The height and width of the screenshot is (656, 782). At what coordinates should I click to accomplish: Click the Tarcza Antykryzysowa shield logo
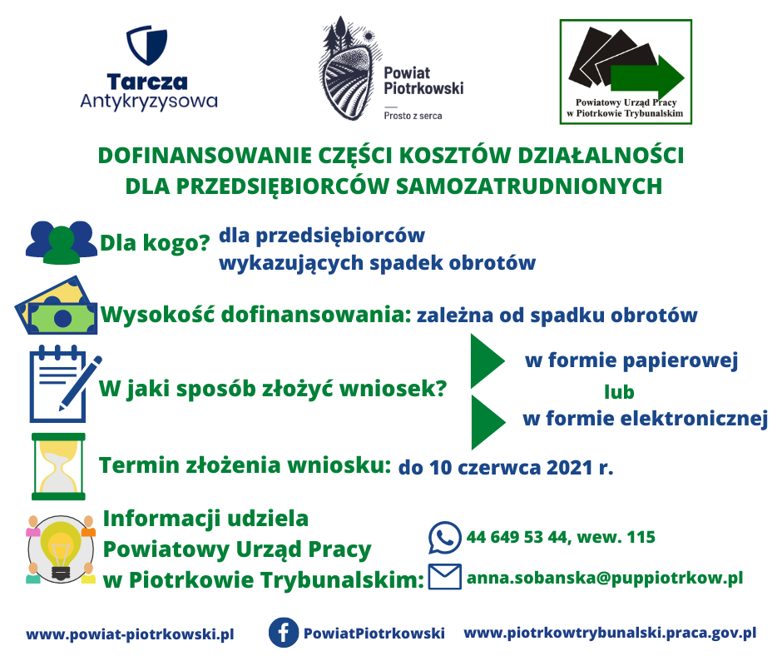coord(146,45)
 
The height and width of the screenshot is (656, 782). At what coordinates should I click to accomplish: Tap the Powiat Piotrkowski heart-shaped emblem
coord(347,69)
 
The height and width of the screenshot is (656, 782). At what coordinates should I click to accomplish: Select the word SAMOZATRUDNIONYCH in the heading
coord(529,186)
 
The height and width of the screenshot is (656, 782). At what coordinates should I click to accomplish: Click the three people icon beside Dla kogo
coord(62,242)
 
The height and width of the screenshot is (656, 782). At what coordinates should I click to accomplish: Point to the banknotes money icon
coord(56,305)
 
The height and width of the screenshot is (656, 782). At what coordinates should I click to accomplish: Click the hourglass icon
coord(58,466)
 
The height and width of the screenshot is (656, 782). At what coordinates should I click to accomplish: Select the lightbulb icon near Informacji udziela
coord(61,549)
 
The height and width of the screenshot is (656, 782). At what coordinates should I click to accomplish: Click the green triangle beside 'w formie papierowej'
coord(487,361)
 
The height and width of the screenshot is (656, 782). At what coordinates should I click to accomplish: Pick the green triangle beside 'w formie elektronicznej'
coord(488,422)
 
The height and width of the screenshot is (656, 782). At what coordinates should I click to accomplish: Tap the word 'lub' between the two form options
coord(619,392)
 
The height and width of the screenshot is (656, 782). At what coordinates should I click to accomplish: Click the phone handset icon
coord(444,538)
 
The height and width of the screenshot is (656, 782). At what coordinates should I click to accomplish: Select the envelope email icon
coord(445,577)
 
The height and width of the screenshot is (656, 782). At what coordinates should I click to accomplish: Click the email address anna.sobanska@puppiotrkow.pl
coord(605,578)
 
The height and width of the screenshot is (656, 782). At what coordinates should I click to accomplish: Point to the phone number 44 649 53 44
coord(517,537)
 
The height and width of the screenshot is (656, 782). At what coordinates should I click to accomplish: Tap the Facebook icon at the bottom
coord(284,633)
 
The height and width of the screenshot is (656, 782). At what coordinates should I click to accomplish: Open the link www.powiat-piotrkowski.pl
coord(130,634)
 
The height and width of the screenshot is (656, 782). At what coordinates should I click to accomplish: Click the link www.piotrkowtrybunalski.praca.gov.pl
coord(610,633)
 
